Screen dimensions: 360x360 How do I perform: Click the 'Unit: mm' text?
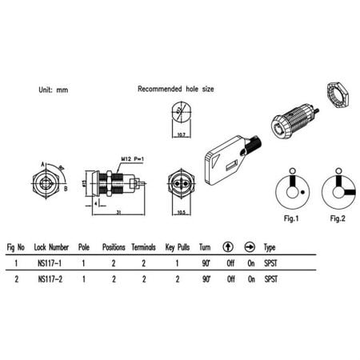[53, 91]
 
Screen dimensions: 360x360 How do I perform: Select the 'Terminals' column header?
[144, 248]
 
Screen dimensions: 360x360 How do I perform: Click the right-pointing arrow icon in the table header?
[249, 248]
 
